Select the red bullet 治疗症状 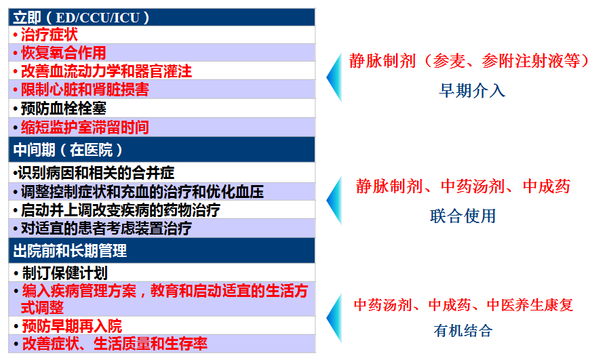click(50, 35)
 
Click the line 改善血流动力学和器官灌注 click(106, 71)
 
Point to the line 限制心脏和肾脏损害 click(85, 89)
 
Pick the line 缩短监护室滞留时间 click(85, 127)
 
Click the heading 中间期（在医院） click(68, 150)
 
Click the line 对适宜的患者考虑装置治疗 click(106, 228)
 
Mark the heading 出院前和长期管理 click(71, 251)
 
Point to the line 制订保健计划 click(64, 273)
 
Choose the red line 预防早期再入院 click(72, 326)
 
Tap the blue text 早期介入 click(472, 91)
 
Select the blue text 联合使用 click(463, 216)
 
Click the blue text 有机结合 click(463, 331)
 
